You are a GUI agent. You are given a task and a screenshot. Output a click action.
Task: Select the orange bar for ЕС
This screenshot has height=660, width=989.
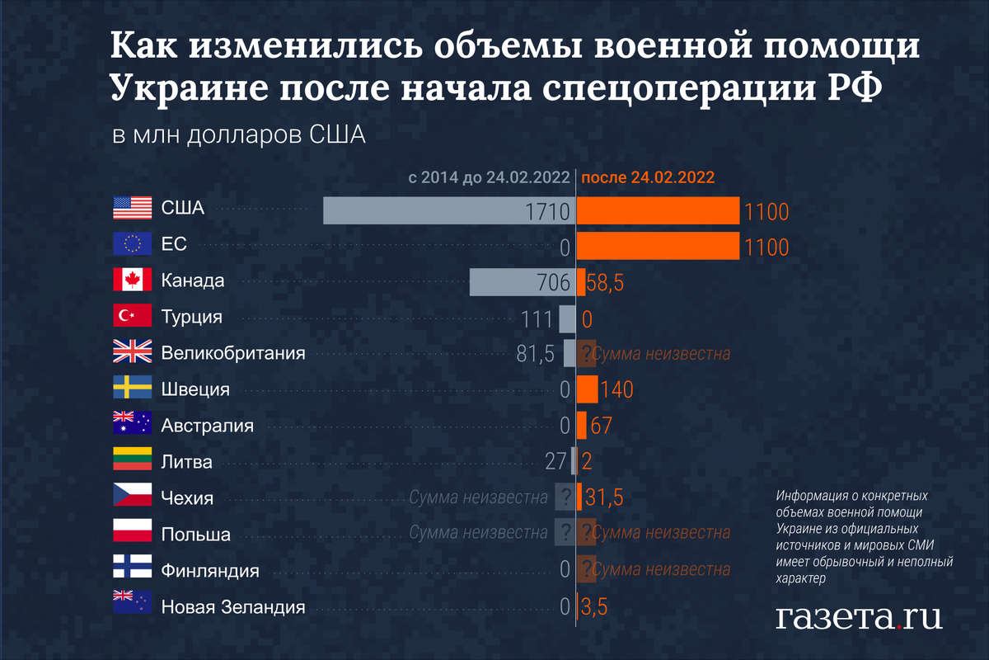657,246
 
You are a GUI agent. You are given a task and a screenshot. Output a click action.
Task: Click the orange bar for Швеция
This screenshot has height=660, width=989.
587,389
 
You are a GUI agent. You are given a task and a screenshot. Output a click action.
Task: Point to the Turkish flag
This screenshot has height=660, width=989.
132,316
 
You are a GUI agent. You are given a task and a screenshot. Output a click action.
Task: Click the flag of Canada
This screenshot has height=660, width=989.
132,280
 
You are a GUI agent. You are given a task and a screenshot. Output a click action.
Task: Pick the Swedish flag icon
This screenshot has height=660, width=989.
132,389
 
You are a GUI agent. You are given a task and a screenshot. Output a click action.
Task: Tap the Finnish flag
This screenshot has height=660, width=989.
132,570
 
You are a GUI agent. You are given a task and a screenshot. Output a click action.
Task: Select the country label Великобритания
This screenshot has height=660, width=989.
233,353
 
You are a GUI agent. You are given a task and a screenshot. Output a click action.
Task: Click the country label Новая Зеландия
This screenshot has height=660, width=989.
233,607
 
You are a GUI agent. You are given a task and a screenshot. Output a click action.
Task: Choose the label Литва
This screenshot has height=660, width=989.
186,462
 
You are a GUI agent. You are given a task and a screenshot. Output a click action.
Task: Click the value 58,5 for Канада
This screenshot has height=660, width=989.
606,283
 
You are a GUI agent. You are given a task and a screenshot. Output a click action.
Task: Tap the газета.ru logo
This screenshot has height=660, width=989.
859,615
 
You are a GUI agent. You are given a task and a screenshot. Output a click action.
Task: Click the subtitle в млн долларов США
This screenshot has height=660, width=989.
238,135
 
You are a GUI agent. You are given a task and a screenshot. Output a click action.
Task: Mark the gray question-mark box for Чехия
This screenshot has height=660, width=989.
565,497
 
